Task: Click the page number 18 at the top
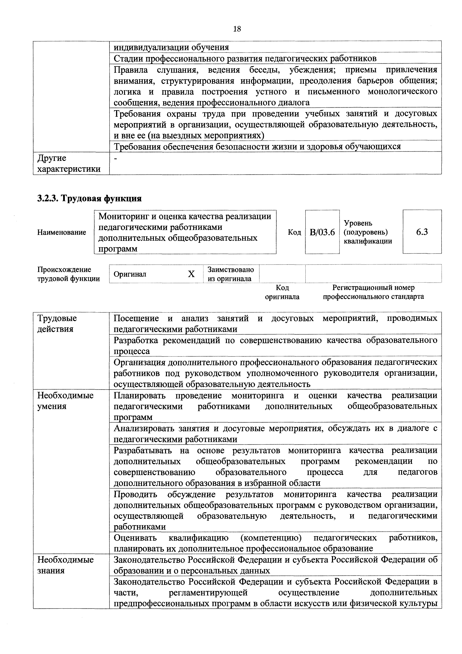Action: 237,29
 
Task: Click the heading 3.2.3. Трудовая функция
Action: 89,198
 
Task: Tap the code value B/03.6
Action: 322,232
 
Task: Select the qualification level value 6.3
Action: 422,232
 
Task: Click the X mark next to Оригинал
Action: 191,274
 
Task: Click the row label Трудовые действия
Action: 57,324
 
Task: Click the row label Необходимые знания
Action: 65,565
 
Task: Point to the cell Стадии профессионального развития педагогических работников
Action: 245,58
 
